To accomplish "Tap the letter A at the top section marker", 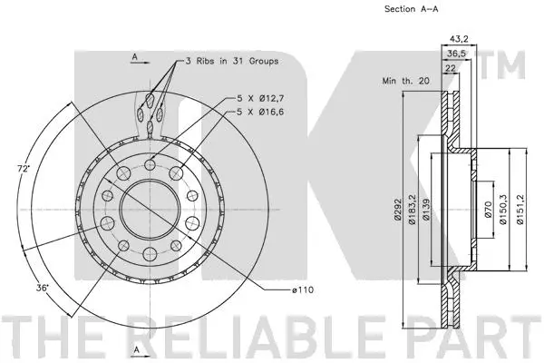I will (x=134, y=56).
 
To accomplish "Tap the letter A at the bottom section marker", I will (x=134, y=349).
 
